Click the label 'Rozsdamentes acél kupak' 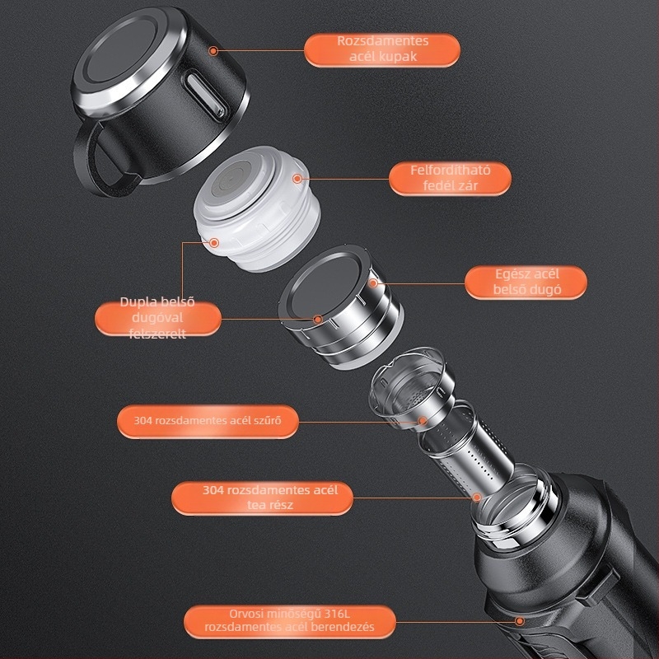point(382,50)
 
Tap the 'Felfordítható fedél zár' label point(450,178)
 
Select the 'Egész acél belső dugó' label point(526,282)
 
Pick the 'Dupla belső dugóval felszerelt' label point(157,318)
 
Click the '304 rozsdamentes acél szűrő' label point(208,421)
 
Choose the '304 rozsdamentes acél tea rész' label point(262,498)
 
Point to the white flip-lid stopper point(256,208)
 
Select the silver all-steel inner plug point(340,306)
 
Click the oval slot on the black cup point(206,96)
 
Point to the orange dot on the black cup point(213,51)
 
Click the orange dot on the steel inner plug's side point(373,283)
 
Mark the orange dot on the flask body point(520,621)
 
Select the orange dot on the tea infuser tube point(477,498)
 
